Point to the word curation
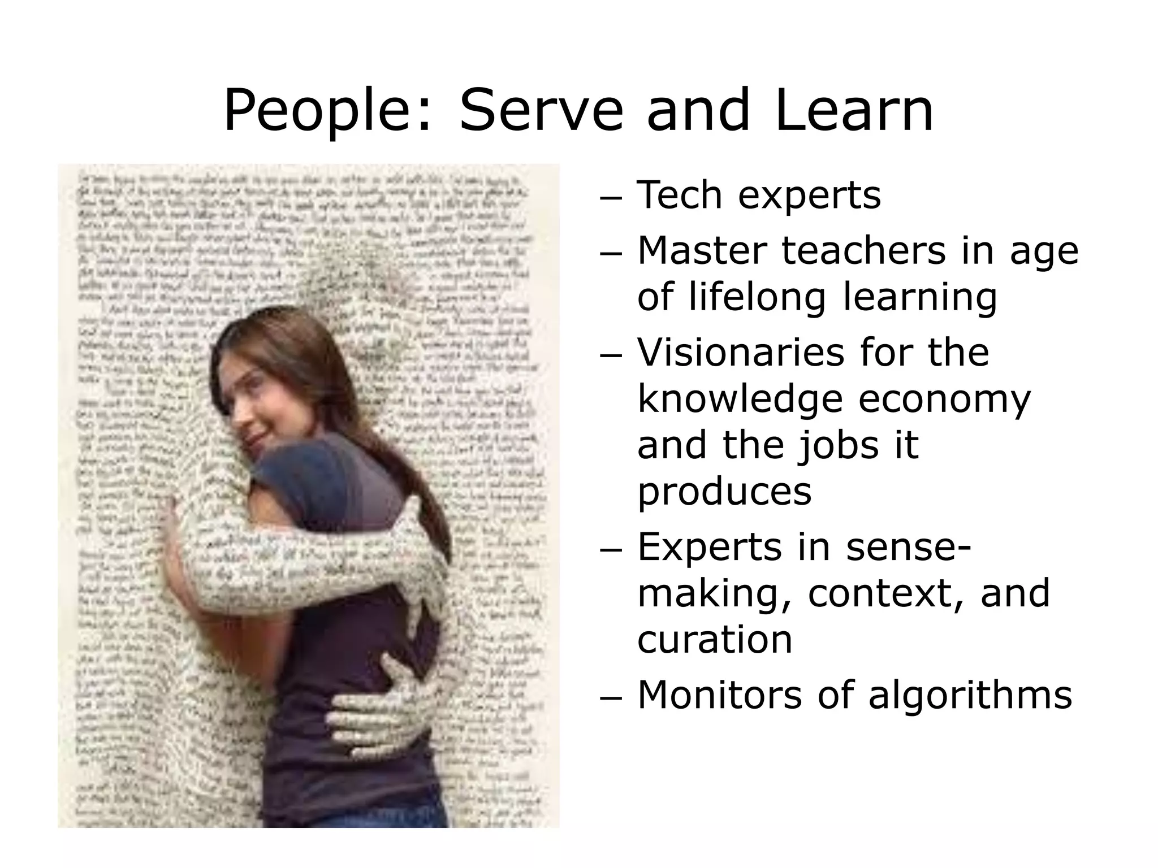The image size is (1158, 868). (715, 640)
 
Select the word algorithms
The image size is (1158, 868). (970, 696)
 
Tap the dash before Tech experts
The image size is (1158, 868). (610, 199)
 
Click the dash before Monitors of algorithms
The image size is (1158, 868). (610, 699)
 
